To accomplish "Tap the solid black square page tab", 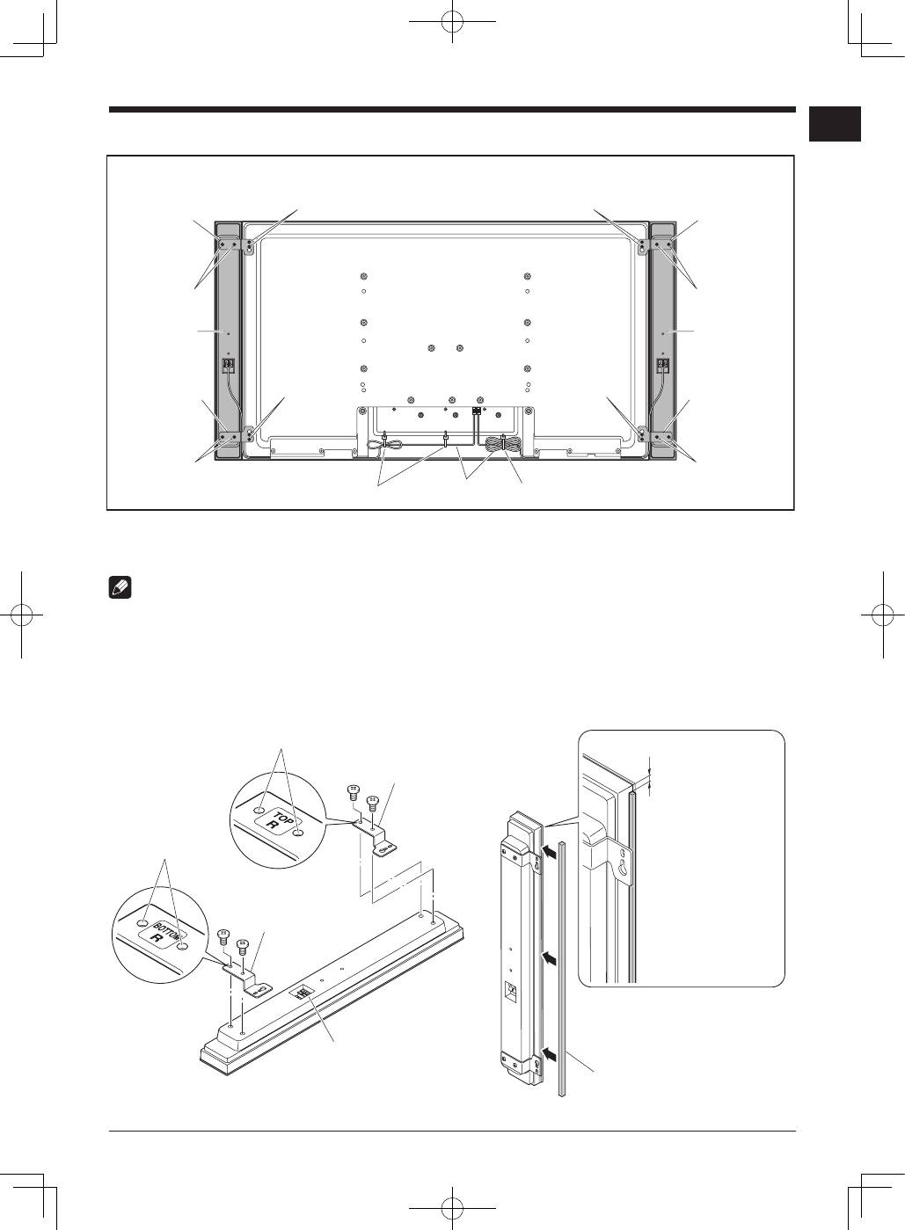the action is click(835, 124).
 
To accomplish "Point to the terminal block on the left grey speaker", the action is click(229, 365).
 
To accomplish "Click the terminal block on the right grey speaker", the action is click(663, 365).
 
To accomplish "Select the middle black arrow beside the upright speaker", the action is click(549, 958).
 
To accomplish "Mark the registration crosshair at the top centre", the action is click(452, 21).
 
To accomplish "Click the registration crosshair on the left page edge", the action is click(21, 615).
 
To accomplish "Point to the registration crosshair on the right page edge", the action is click(883, 615).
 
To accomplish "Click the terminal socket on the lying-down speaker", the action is click(302, 993).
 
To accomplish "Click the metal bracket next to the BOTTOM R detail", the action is click(246, 977).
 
